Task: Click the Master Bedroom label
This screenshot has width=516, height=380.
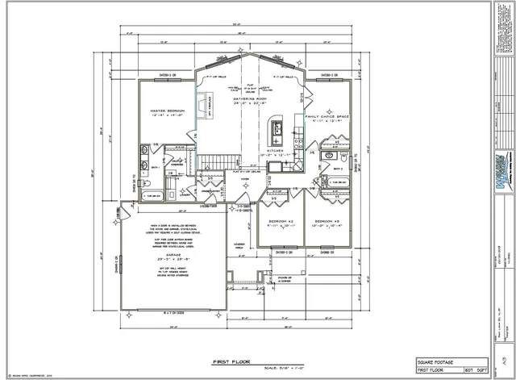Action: [169, 110]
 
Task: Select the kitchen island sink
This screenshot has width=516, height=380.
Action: [277, 127]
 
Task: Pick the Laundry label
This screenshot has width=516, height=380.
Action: [186, 194]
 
